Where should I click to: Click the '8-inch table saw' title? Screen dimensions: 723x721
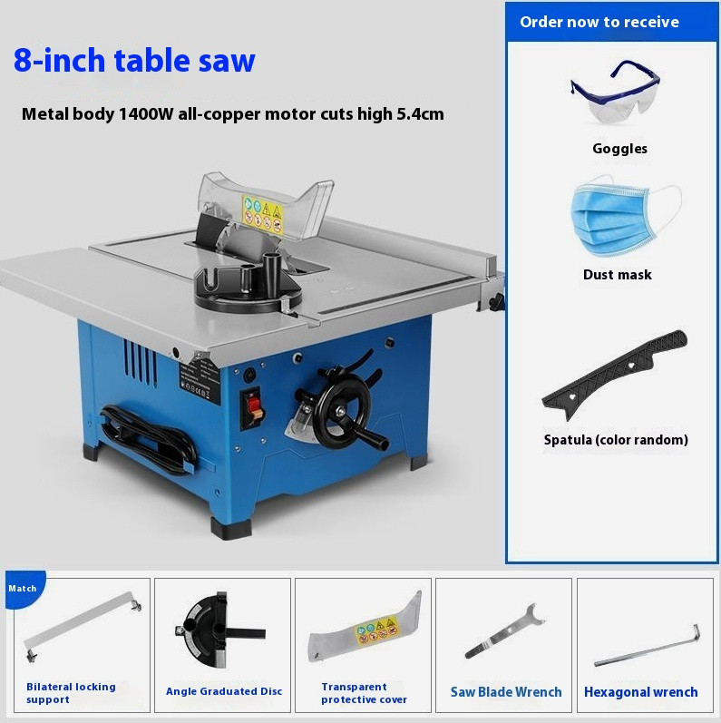pos(134,60)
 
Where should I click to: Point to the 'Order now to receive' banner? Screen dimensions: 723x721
pos(599,22)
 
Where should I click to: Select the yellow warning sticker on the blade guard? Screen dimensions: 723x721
pos(263,211)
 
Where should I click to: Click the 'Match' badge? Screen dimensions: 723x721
pos(23,588)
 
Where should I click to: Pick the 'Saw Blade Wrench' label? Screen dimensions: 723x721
pos(506,692)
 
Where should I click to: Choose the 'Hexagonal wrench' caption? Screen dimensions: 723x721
pos(640,692)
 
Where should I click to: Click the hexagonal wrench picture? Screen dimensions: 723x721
pos(647,645)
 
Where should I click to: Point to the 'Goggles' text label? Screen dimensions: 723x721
pos(619,149)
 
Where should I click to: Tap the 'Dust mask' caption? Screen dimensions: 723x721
pos(617,274)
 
